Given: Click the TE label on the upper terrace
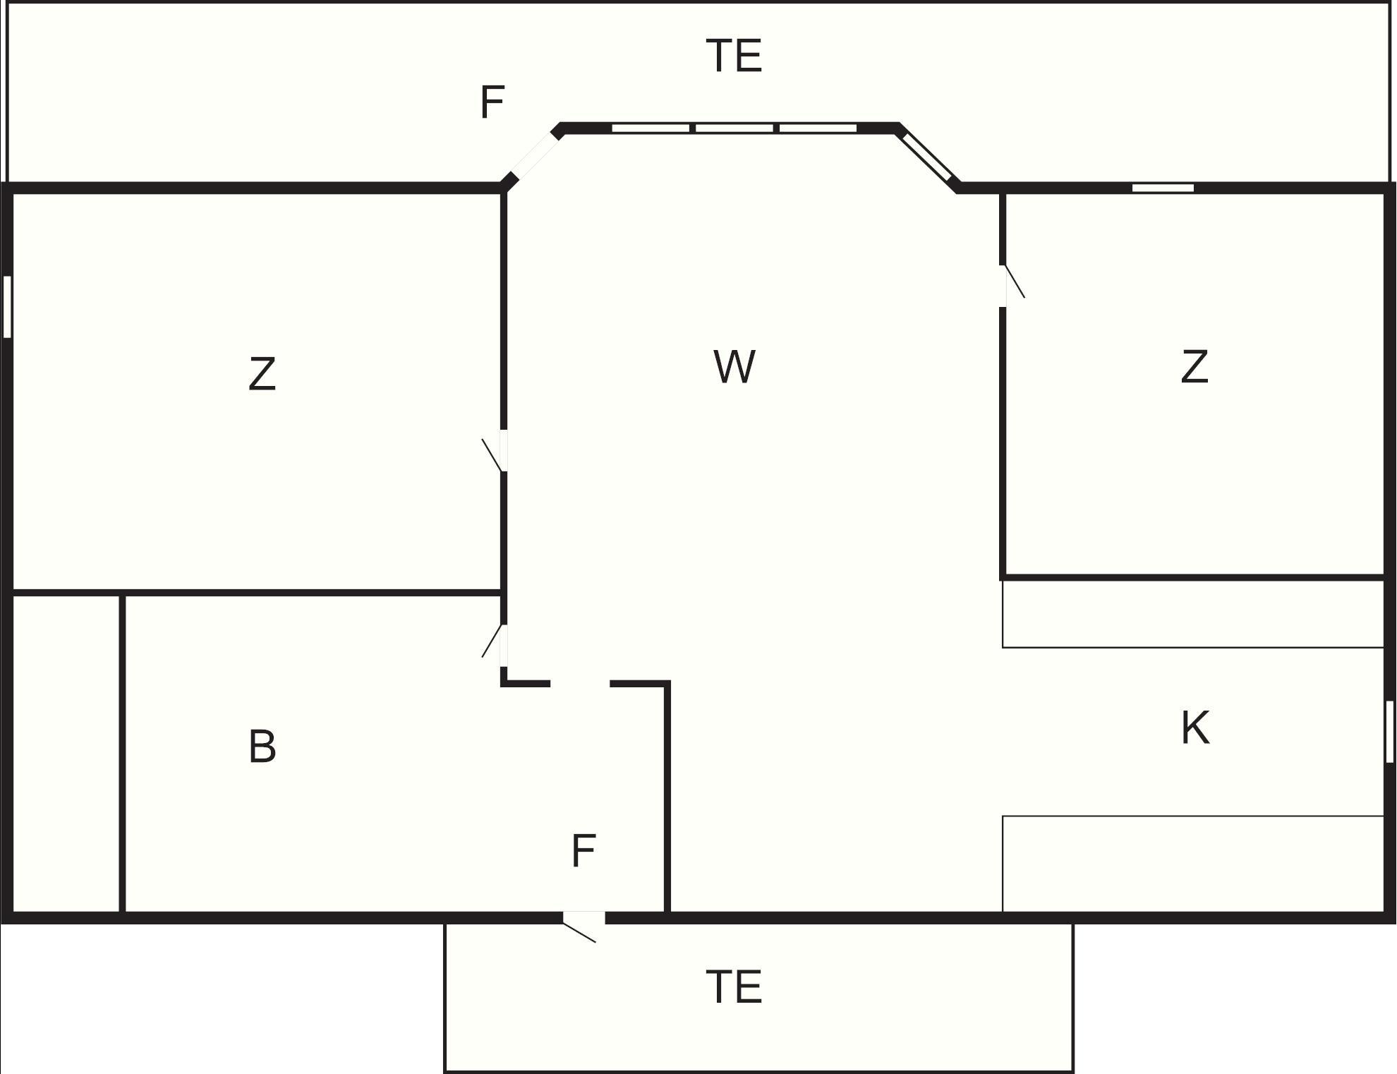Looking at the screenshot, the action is (x=734, y=56).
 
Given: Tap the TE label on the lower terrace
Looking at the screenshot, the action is (x=734, y=986).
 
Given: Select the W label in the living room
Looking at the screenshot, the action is (x=734, y=366).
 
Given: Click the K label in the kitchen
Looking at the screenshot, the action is (x=1195, y=728).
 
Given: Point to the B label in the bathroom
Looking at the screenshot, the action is (x=262, y=746).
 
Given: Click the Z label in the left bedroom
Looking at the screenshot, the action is (x=262, y=374).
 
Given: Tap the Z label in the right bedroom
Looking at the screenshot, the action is (x=1195, y=367).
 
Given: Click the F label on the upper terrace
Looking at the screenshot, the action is (x=492, y=102).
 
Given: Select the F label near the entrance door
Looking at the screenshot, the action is (x=583, y=850).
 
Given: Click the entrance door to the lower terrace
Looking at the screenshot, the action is (x=583, y=924).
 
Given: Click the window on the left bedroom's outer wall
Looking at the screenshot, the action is (x=7, y=306).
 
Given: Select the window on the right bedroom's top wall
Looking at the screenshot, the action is (x=1163, y=188).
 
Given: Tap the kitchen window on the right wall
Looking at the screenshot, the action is (x=1389, y=732).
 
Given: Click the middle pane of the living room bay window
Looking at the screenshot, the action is (x=734, y=128).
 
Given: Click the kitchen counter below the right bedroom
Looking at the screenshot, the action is (x=1193, y=613).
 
